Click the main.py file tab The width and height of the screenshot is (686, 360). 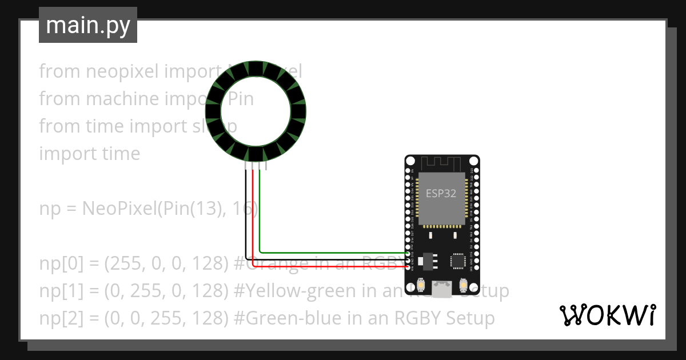pyautogui.click(x=88, y=25)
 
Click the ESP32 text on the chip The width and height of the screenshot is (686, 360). pyautogui.click(x=441, y=193)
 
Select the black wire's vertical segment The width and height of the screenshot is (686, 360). pyautogui.click(x=246, y=211)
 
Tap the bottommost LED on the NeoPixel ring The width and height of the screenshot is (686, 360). pyautogui.click(x=256, y=155)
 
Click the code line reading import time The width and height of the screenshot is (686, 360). pyautogui.click(x=89, y=154)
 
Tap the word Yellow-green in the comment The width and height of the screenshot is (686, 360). pyautogui.click(x=303, y=291)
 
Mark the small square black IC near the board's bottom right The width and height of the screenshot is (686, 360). pyautogui.click(x=458, y=261)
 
